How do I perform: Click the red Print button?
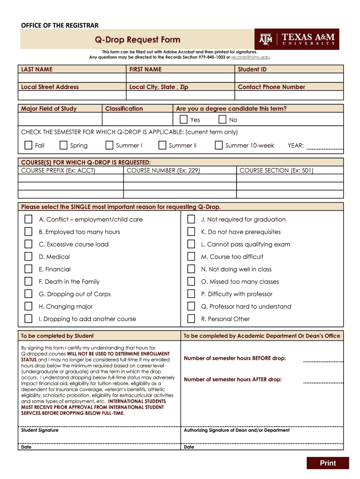pyautogui.click(x=328, y=463)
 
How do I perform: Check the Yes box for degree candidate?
pyautogui.click(x=184, y=120)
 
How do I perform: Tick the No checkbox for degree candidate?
pyautogui.click(x=223, y=120)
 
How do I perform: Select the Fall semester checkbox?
pyautogui.click(x=29, y=145)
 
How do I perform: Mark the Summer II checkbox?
pyautogui.click(x=162, y=145)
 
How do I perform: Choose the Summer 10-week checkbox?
pyautogui.click(x=219, y=145)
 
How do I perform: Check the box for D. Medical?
pyautogui.click(x=29, y=257)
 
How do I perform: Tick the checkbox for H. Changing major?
pyautogui.click(x=29, y=306)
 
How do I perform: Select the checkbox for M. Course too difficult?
pyautogui.click(x=191, y=257)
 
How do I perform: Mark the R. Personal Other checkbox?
pyautogui.click(x=191, y=319)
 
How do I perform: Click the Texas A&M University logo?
pyautogui.click(x=296, y=39)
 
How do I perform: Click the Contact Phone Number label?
pyautogui.click(x=271, y=87)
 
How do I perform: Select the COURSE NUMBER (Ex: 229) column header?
pyautogui.click(x=163, y=171)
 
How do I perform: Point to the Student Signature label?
pyautogui.click(x=40, y=430)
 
